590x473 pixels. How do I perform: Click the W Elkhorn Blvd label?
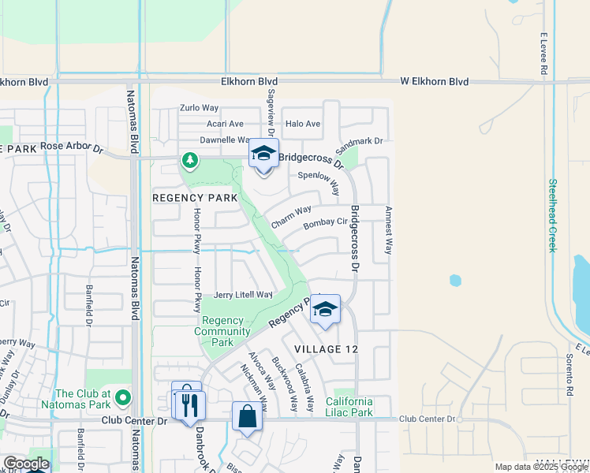[x=434, y=81]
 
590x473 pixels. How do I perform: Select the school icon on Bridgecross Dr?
[x=263, y=154]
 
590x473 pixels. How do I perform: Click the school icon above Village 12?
[x=324, y=309]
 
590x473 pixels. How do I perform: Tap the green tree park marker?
[x=189, y=161]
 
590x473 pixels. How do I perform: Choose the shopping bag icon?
[x=247, y=417]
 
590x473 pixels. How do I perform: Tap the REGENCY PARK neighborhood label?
[x=195, y=198]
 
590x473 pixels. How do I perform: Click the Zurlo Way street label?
[x=199, y=108]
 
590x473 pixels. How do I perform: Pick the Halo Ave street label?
[x=303, y=124]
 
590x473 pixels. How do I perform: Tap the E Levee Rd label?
[x=544, y=54]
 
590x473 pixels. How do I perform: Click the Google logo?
[x=25, y=464]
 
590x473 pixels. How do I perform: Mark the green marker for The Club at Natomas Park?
[x=121, y=395]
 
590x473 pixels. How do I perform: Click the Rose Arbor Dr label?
[x=72, y=147]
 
